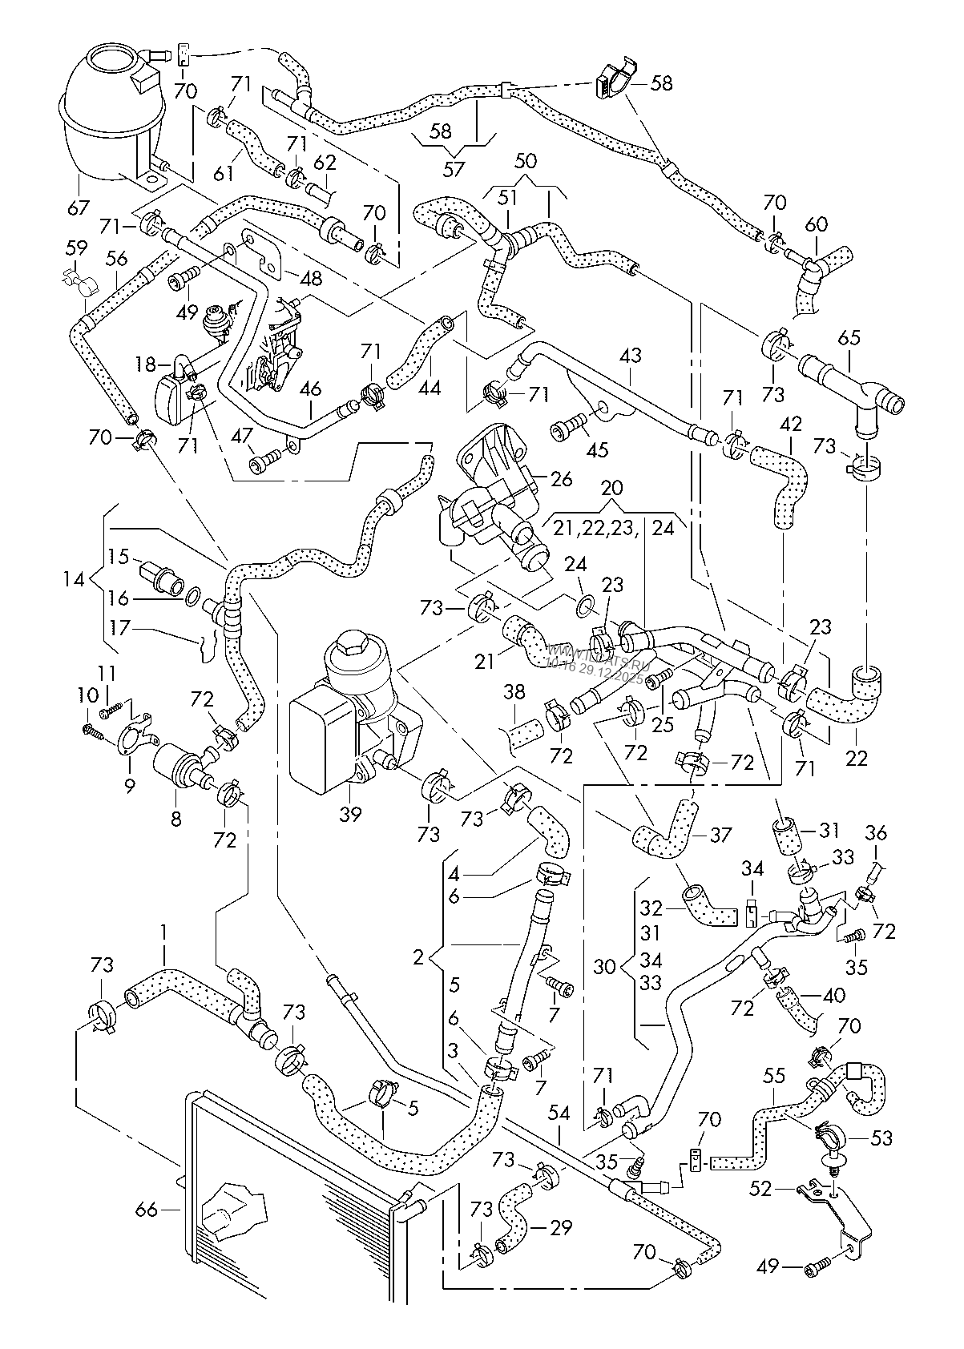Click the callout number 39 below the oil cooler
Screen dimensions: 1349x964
tap(350, 815)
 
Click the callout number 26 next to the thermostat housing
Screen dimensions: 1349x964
tap(562, 480)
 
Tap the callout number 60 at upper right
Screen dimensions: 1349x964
tap(817, 226)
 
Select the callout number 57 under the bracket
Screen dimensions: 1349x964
tap(454, 169)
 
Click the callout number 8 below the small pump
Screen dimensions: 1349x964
tap(175, 819)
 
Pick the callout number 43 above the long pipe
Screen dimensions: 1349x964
tap(631, 353)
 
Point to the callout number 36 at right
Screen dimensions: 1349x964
tap(877, 833)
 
